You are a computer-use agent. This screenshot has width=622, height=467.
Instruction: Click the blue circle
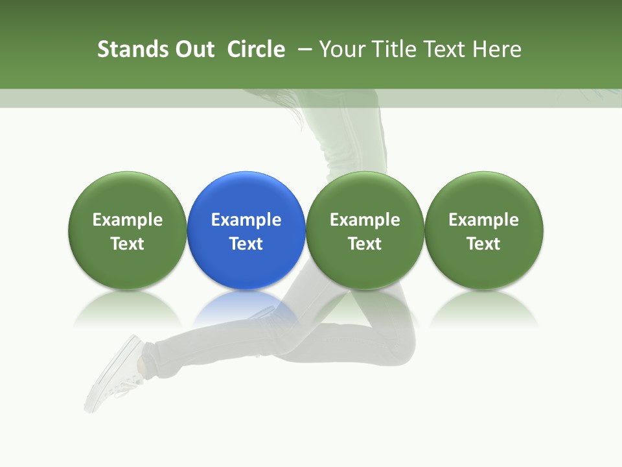[x=246, y=230]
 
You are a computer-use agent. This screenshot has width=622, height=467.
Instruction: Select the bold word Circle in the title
[x=256, y=49]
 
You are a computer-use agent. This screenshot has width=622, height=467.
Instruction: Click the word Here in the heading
[x=497, y=49]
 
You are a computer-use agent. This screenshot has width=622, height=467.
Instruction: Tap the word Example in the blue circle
[x=246, y=220]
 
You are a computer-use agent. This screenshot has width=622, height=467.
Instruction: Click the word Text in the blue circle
[x=246, y=244]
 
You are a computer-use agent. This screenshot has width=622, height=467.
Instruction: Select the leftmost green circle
[x=128, y=230]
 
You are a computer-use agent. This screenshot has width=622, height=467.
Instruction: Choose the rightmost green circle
[x=484, y=230]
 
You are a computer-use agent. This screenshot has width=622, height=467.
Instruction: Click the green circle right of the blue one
[x=365, y=230]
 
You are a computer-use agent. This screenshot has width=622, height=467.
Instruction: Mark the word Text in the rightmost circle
[x=484, y=244]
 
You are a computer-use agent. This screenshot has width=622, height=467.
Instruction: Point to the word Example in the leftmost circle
[x=128, y=220]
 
